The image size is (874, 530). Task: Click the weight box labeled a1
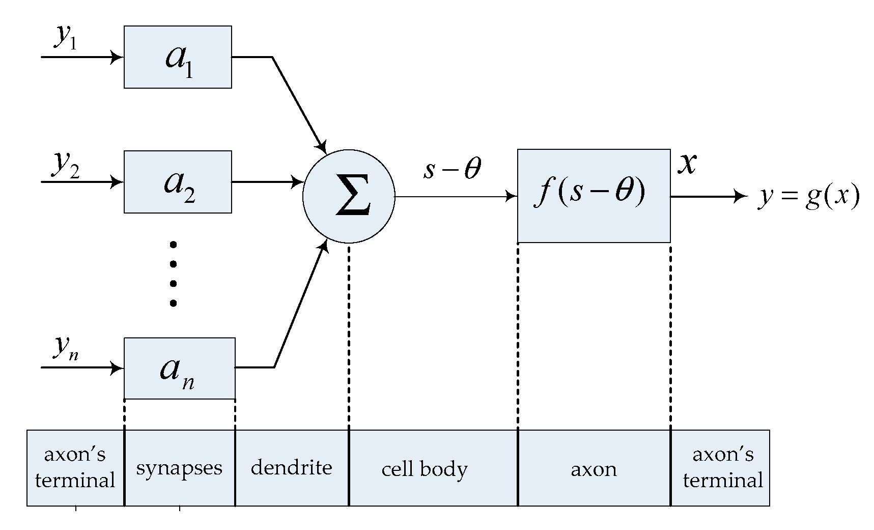178,57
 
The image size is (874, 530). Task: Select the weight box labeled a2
178,182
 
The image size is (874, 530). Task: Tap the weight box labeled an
179,368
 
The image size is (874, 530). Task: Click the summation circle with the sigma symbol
349,196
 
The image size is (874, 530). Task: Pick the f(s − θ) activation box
594,196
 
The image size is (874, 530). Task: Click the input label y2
65,164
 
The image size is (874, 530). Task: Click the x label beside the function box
687,164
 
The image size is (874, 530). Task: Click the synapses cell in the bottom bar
179,468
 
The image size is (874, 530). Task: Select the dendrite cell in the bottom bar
292,468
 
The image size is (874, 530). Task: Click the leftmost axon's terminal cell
75,468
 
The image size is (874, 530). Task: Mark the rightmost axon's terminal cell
722,468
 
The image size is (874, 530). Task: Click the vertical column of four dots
173,274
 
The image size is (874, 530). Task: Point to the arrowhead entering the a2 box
118,182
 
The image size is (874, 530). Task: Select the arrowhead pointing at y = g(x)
741,196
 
